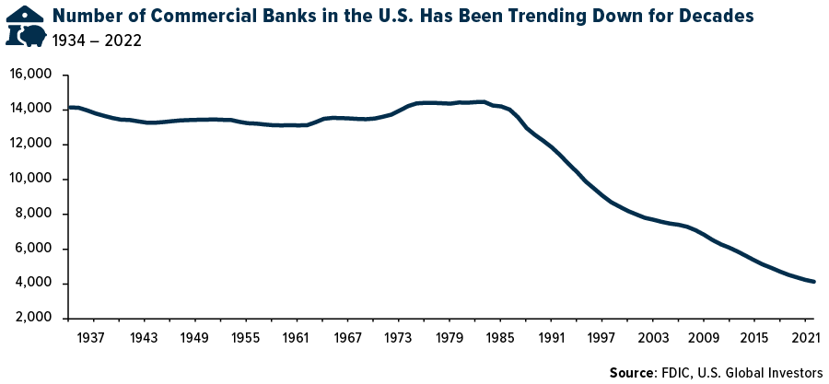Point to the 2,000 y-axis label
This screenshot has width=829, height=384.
tap(33, 319)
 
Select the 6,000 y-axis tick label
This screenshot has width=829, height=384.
tap(33, 250)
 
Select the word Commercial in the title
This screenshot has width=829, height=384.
tap(198, 16)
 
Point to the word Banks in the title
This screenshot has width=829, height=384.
tap(277, 16)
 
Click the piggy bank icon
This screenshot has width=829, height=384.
tap(34, 36)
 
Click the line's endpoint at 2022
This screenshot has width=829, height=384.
tap(813, 282)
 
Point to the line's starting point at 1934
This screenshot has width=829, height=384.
tap(69, 108)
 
